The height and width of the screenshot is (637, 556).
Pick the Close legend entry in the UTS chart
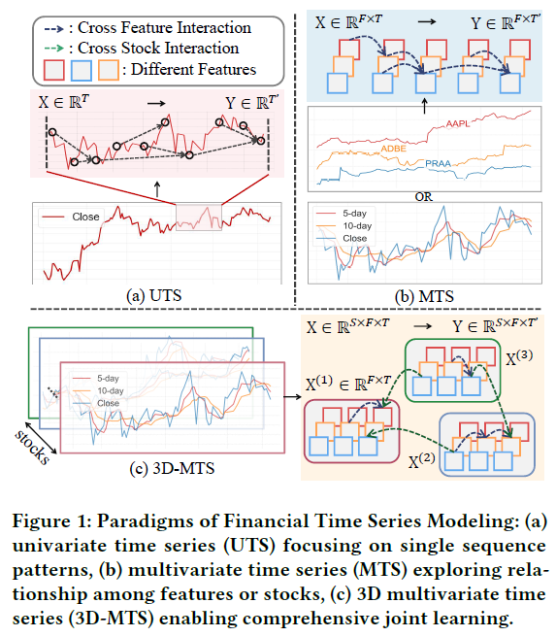(x=85, y=216)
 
